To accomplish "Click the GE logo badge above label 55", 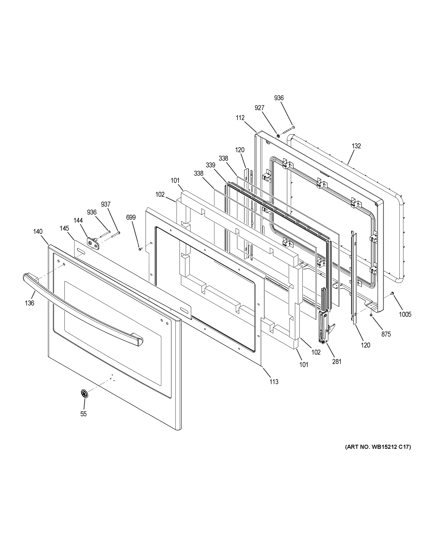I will coord(84,394).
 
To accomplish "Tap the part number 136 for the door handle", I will coord(29,303).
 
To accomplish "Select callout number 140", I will coord(38,231).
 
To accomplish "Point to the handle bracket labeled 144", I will coord(93,242).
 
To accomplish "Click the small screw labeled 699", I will coord(140,249).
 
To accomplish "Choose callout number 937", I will coord(106,204).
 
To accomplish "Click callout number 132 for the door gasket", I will coord(356,146).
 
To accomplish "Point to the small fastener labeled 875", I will coord(371,314).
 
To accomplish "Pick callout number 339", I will coord(210,165).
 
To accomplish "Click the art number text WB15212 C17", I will coord(378,447).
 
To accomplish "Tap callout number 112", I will coord(240,118).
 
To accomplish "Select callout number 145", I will coord(64,228).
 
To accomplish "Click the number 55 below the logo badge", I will coord(83,414).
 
